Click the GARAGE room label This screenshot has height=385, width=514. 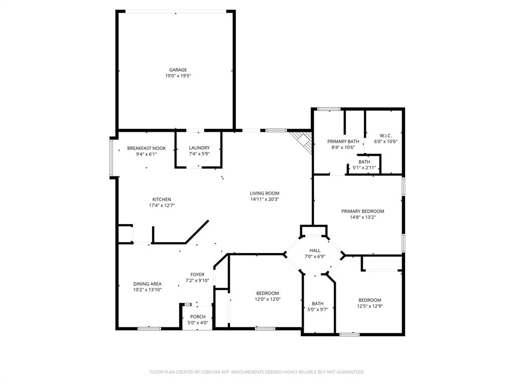(178, 70)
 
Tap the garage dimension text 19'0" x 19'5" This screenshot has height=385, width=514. (178, 76)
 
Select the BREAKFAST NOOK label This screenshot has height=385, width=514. (146, 148)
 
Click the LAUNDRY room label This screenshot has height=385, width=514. (199, 147)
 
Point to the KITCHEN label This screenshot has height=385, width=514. (162, 200)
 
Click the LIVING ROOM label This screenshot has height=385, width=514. (265, 193)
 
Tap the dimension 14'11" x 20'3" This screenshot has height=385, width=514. (265, 199)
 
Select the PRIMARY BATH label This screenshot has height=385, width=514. (343, 141)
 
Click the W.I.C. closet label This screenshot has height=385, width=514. (385, 135)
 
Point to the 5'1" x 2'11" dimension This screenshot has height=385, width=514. (364, 167)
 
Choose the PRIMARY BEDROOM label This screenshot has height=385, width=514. (362, 211)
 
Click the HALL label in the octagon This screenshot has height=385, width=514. (315, 250)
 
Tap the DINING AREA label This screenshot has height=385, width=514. (147, 283)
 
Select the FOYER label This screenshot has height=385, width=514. (197, 274)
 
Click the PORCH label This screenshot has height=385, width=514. (197, 316)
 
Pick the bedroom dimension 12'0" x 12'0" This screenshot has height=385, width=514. (267, 299)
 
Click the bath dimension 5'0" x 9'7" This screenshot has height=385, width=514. (317, 309)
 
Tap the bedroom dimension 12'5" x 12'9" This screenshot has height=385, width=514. (369, 306)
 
